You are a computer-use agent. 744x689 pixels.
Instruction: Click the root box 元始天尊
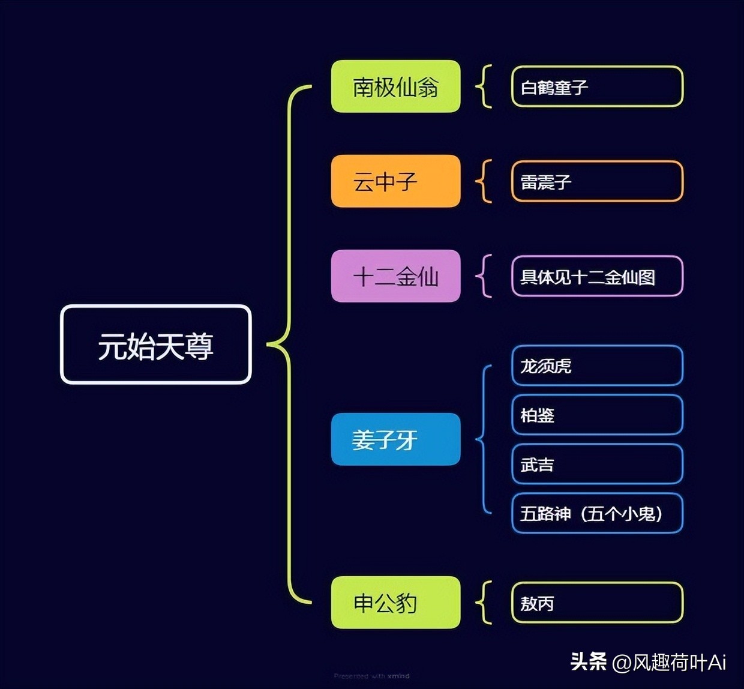click(155, 344)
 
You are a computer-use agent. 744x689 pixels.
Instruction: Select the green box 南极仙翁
click(395, 86)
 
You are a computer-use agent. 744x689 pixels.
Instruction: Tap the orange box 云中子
click(395, 181)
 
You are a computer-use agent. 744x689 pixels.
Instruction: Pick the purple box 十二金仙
click(395, 276)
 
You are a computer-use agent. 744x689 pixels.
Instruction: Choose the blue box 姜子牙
click(395, 439)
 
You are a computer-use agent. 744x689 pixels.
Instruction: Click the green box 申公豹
click(395, 603)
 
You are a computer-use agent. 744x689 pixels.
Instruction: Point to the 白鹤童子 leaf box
click(597, 86)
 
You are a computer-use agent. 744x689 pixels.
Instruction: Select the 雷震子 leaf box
click(597, 181)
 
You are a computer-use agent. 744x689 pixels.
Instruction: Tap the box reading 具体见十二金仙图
click(597, 276)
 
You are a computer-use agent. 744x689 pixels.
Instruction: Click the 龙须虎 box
click(597, 366)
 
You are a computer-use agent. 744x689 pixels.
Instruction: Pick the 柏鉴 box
click(597, 415)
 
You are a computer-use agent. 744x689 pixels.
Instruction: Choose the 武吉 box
click(597, 464)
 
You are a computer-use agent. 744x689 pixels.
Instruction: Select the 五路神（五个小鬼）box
click(597, 513)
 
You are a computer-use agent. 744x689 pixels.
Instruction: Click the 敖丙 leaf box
click(597, 603)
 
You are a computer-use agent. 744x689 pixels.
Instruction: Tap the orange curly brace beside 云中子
click(484, 181)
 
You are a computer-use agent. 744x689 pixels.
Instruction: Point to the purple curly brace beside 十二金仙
click(484, 276)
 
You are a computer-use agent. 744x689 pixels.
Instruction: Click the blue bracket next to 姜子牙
click(484, 439)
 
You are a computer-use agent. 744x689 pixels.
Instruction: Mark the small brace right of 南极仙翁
click(484, 86)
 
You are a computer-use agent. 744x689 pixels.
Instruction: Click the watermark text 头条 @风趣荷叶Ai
click(648, 662)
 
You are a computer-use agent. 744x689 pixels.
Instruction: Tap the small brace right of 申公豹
click(484, 603)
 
